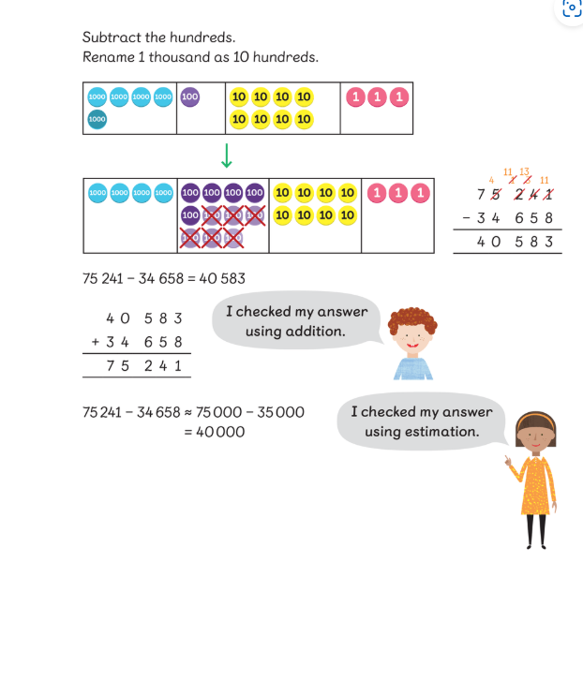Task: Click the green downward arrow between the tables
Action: (x=226, y=155)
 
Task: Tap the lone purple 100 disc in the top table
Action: (x=189, y=96)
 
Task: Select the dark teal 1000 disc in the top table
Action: (x=97, y=119)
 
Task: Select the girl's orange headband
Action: (x=534, y=418)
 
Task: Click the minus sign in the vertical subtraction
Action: (x=466, y=218)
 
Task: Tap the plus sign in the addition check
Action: (x=95, y=342)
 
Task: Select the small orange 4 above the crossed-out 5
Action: (x=491, y=180)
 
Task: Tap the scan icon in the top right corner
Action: (x=572, y=7)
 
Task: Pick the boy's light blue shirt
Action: (x=413, y=365)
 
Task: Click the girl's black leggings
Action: (x=535, y=529)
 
